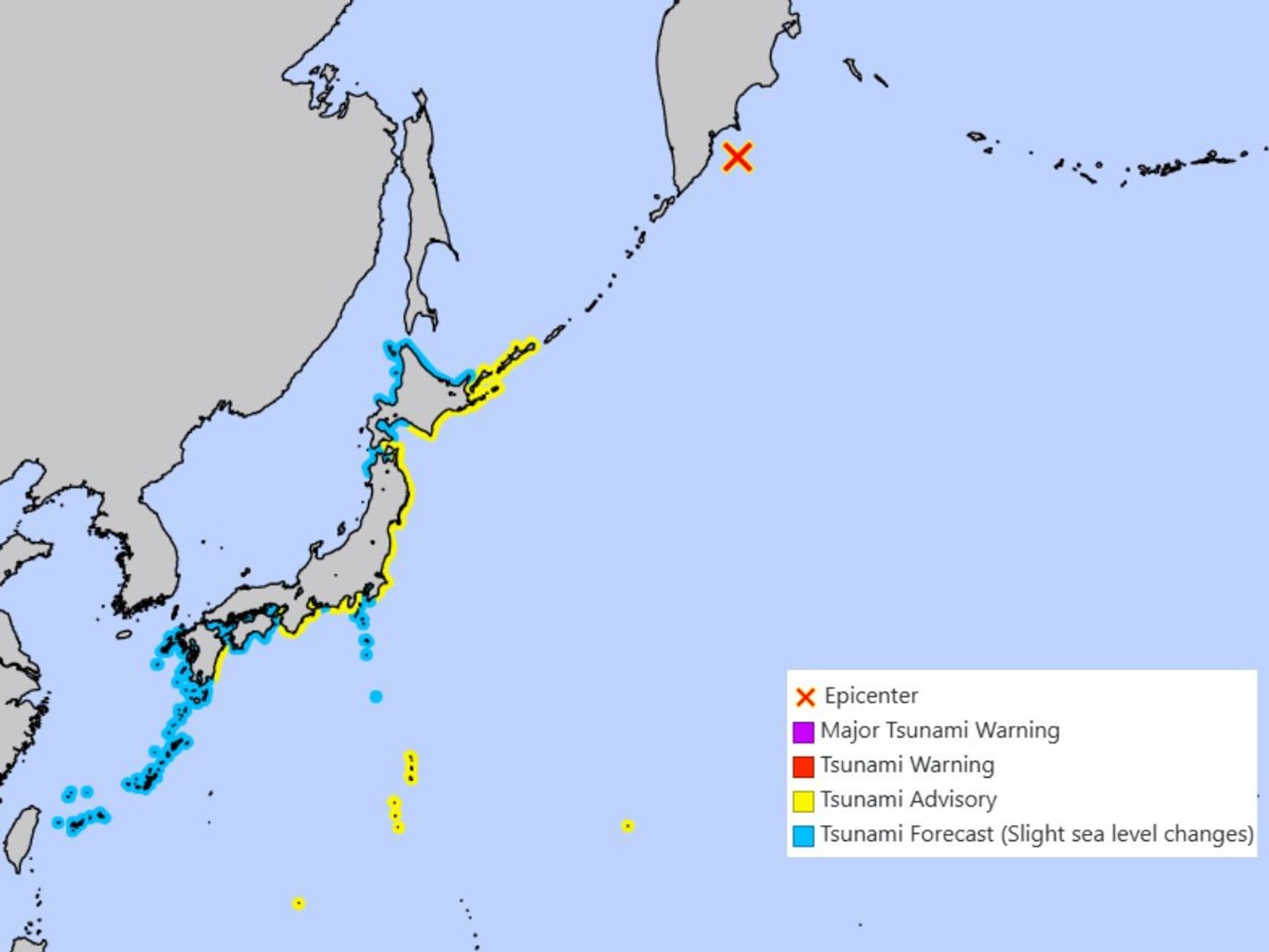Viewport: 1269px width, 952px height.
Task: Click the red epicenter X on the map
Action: tap(737, 157)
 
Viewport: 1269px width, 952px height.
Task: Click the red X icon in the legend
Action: tap(805, 697)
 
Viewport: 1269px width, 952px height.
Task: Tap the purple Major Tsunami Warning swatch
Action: tap(803, 732)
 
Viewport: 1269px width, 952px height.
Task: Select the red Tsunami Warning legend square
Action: tap(803, 766)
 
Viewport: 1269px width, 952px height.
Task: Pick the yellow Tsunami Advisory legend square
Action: tap(803, 800)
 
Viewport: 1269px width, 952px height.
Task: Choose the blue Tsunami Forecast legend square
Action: tap(803, 835)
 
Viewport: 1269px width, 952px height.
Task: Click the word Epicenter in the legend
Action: tap(871, 696)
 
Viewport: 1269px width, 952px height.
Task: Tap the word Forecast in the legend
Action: tap(952, 834)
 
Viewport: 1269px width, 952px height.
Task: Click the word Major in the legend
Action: tap(850, 731)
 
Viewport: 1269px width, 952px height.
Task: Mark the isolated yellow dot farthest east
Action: tap(628, 826)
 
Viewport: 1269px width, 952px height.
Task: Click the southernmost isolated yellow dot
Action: tap(298, 903)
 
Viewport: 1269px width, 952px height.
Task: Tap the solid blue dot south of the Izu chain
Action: tap(376, 697)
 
